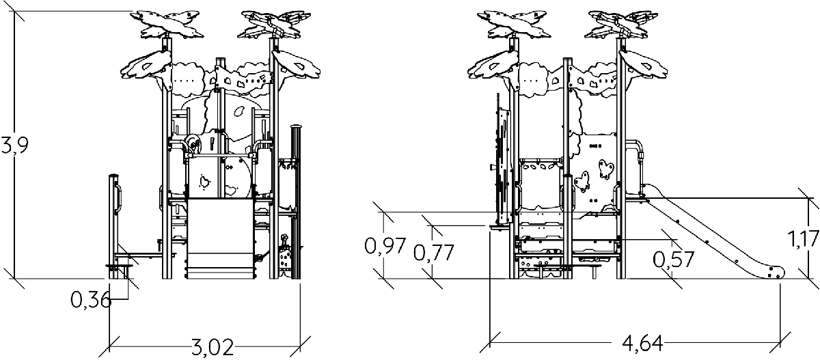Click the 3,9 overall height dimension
(14, 146)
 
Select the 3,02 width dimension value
(213, 347)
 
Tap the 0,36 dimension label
(91, 301)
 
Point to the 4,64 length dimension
(642, 344)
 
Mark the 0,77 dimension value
(434, 253)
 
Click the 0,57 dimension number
(674, 260)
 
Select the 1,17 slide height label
(803, 239)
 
